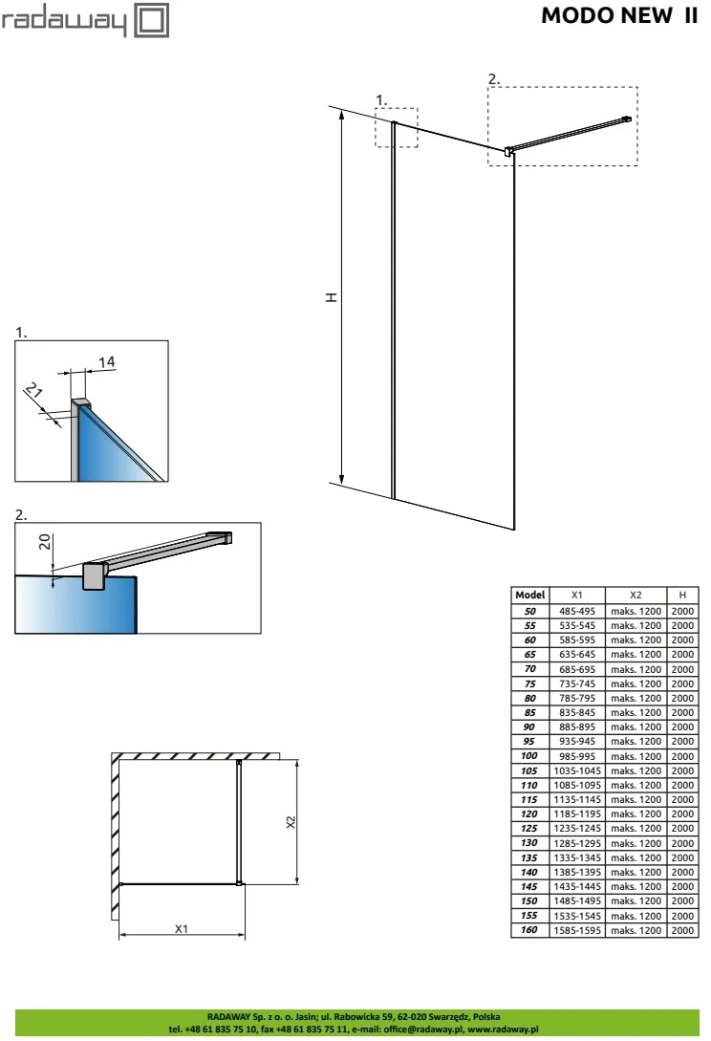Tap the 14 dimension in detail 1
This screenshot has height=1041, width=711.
(107, 360)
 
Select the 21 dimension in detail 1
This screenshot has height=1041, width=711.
(33, 393)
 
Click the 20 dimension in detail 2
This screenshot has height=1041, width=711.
(45, 544)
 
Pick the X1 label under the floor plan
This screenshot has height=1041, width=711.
(180, 928)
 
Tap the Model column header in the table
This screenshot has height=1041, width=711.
(529, 595)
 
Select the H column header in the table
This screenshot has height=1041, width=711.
(682, 595)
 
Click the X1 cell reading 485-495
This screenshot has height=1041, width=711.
(576, 610)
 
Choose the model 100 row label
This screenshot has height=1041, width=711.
(529, 755)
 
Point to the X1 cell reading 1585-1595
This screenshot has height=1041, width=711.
(576, 930)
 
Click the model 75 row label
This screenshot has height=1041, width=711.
(529, 683)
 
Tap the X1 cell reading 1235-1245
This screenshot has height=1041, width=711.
(576, 828)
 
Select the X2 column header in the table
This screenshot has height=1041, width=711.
(636, 595)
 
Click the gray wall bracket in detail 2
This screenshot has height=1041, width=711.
(94, 576)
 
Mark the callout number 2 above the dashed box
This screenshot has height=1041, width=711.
(493, 78)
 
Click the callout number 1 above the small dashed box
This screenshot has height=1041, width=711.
(380, 99)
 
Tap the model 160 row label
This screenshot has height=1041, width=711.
(529, 930)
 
